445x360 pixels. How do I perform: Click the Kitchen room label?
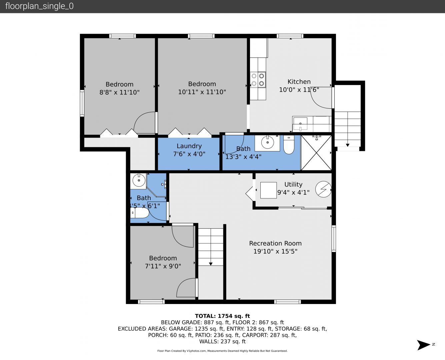(299, 82)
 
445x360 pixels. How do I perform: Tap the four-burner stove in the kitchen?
(258, 80)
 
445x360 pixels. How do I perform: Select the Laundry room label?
(189, 146)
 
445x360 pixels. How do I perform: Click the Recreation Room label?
(275, 243)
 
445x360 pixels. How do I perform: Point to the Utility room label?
(293, 184)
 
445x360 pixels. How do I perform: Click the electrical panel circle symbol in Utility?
(323, 189)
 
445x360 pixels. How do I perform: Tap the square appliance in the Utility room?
(268, 190)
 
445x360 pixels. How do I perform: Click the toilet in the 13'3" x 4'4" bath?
(289, 145)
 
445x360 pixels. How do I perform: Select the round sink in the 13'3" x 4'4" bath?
(267, 142)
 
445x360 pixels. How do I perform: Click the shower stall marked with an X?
(316, 153)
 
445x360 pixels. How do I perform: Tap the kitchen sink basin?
(300, 124)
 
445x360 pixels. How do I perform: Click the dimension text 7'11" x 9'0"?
(163, 266)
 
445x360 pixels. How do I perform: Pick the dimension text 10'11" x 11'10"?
(202, 92)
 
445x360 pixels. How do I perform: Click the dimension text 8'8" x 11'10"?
(119, 92)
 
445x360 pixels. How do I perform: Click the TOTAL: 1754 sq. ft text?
(222, 316)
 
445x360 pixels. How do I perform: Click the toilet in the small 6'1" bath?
(140, 213)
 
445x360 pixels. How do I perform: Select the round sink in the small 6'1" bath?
(139, 180)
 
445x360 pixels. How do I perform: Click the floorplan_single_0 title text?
(39, 6)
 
